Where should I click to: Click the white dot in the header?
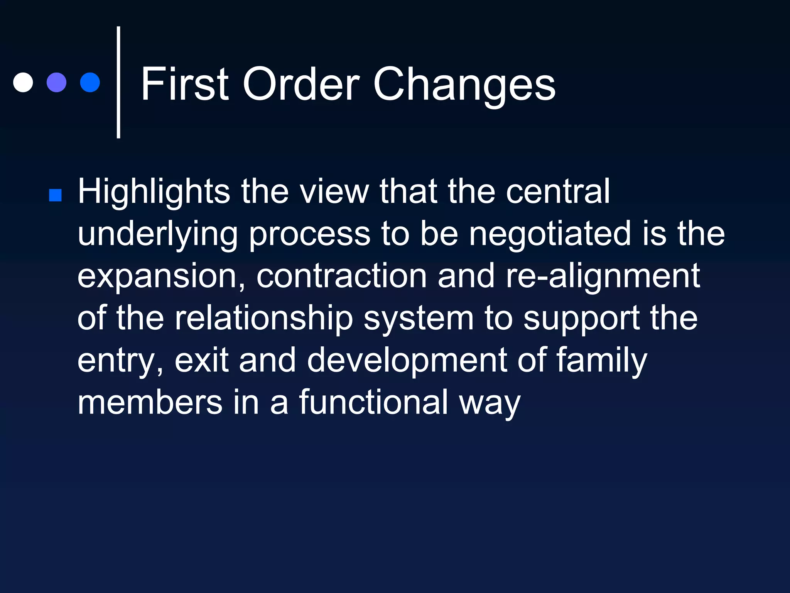tap(23, 82)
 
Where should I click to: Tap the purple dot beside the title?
tap(56, 82)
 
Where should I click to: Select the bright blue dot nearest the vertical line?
tap(90, 82)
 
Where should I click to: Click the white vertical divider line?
tap(118, 82)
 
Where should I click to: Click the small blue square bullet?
tap(56, 195)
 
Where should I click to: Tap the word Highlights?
tap(154, 192)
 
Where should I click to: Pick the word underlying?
tap(158, 234)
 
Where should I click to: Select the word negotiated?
tap(550, 234)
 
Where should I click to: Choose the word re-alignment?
tap(603, 276)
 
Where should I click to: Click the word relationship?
tap(264, 319)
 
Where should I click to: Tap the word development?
tap(407, 361)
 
